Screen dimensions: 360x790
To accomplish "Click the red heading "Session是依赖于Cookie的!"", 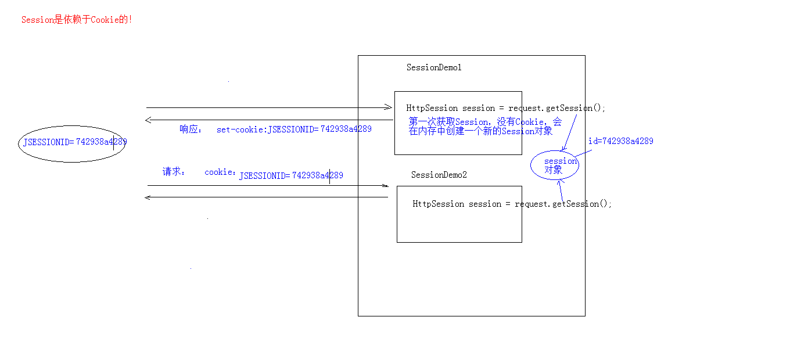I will (x=77, y=20).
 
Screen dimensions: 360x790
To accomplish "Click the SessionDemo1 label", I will (x=434, y=67).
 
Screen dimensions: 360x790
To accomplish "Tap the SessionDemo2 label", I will (x=439, y=175).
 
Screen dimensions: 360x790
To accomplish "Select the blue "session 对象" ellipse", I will (x=554, y=165).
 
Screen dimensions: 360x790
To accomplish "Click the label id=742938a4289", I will (x=620, y=141).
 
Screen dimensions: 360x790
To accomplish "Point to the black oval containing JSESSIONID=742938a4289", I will (x=72, y=143).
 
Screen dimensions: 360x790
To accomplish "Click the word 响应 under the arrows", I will (x=190, y=129).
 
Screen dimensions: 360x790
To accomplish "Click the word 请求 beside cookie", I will (x=173, y=172).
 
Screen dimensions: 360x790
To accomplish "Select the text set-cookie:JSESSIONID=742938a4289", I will (x=294, y=129).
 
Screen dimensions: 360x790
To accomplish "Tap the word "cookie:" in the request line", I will (x=220, y=172).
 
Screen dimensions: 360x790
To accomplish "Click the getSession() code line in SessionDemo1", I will (x=505, y=108).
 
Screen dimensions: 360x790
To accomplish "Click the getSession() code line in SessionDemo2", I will (x=512, y=204).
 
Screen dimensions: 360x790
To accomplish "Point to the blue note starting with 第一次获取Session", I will (x=485, y=127).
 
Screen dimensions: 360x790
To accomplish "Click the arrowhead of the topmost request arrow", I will (x=389, y=107).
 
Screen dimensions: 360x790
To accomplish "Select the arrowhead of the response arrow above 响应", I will (x=149, y=120).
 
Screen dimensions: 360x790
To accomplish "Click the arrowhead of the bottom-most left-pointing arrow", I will (x=148, y=197).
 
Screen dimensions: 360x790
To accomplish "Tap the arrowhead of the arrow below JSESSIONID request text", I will (x=385, y=186).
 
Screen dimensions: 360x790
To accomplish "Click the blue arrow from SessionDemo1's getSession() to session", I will (x=569, y=132).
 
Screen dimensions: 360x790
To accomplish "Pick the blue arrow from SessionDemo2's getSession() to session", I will (x=562, y=190).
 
